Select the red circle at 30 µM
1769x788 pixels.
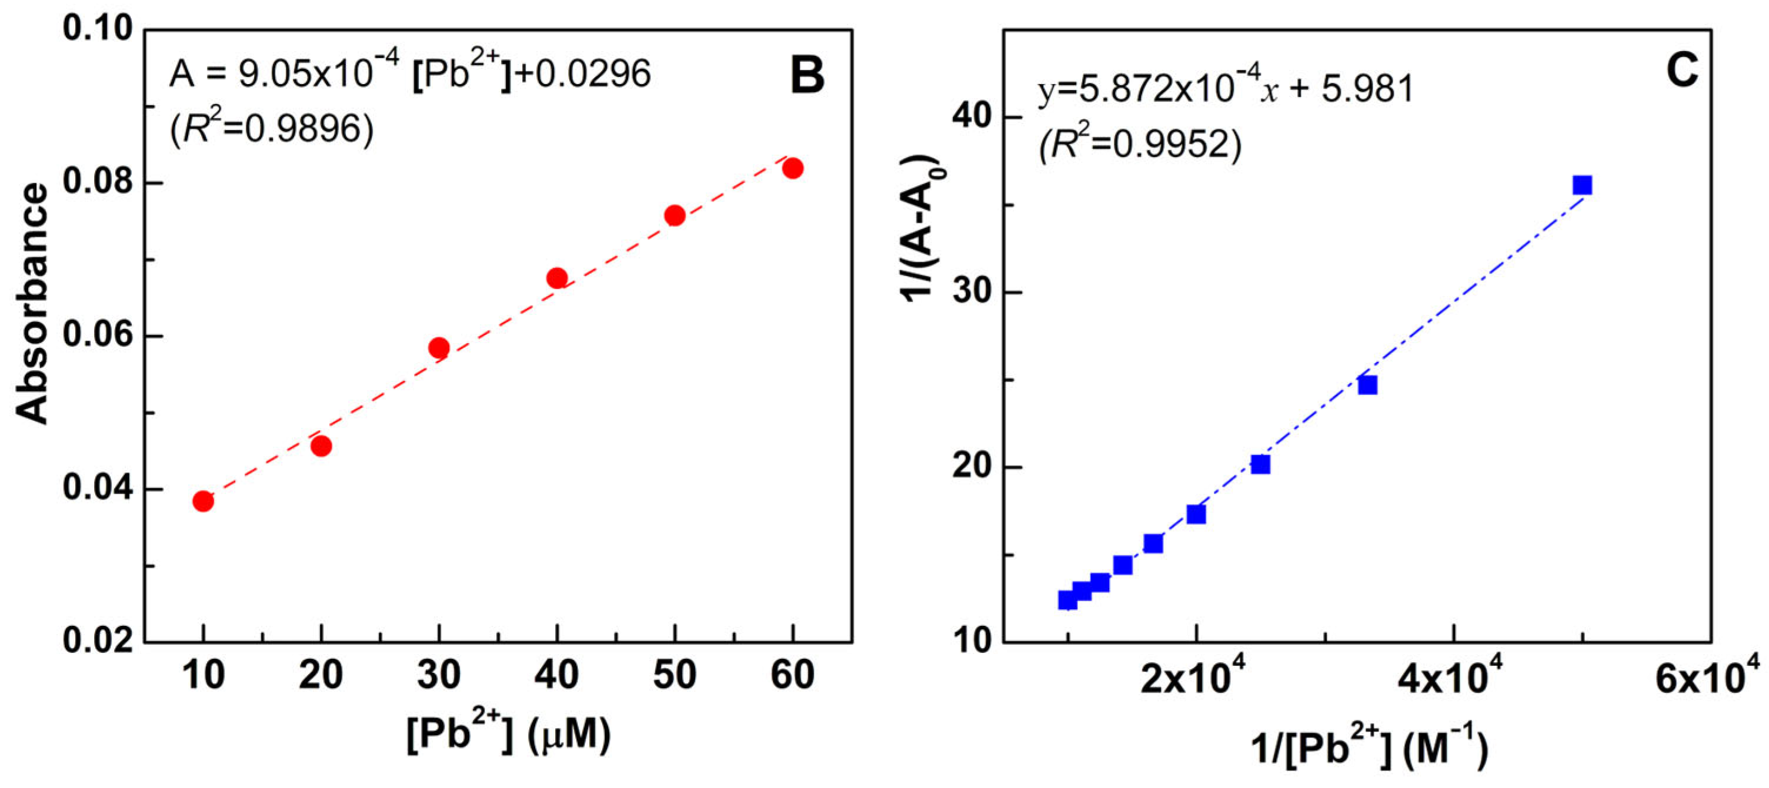pyautogui.click(x=439, y=348)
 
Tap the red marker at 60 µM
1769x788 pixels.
pyautogui.click(x=793, y=168)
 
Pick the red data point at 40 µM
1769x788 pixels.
pyautogui.click(x=557, y=278)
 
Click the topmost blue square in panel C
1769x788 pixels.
pyautogui.click(x=1582, y=185)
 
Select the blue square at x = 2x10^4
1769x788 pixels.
pyautogui.click(x=1196, y=514)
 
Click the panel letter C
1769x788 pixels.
pyautogui.click(x=1682, y=70)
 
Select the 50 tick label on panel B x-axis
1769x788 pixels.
pyautogui.click(x=675, y=676)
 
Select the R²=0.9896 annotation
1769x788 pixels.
pyautogui.click(x=272, y=128)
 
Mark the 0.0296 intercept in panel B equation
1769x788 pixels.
pyautogui.click(x=593, y=73)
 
